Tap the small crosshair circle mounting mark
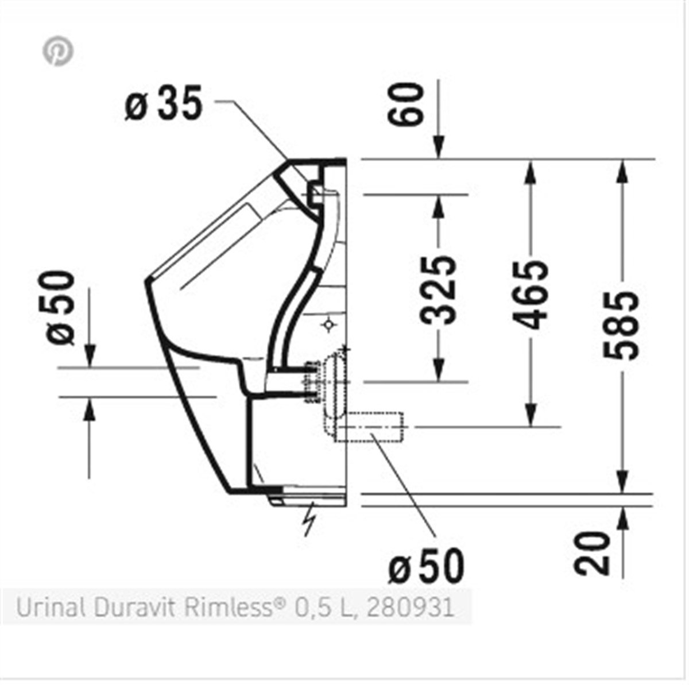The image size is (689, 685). [329, 325]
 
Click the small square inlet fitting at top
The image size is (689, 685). [315, 195]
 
